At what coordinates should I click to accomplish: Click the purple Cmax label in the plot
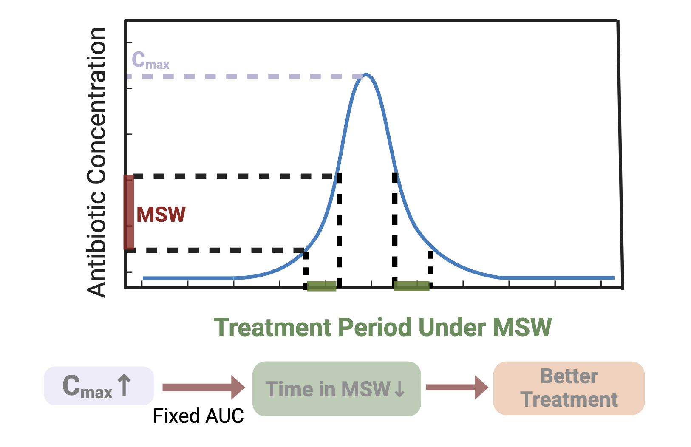tap(150, 60)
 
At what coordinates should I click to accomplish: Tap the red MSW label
tap(161, 215)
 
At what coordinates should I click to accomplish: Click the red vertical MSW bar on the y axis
tap(129, 212)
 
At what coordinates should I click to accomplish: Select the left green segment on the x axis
tap(321, 286)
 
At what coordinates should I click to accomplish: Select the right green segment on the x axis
tap(411, 286)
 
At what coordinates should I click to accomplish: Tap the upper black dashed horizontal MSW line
tap(234, 176)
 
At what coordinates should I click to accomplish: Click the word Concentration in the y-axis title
tap(96, 106)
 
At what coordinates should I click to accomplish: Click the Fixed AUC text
tap(198, 416)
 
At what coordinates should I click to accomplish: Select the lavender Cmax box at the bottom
tap(99, 386)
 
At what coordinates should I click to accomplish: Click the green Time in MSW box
tap(336, 388)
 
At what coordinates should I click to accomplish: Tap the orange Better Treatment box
tap(569, 388)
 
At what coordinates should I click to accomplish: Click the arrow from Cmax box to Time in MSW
tap(203, 387)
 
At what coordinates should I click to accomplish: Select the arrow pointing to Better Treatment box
tap(457, 387)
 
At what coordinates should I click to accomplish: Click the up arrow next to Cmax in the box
tap(124, 385)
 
